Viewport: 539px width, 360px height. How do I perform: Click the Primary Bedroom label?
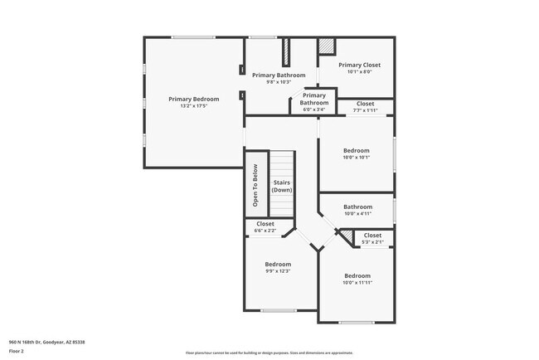click(x=193, y=99)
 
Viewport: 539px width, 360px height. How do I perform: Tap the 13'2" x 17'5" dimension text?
click(x=193, y=105)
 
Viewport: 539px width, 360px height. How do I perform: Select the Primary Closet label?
click(x=359, y=65)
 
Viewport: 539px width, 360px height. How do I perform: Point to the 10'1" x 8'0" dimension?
click(x=359, y=71)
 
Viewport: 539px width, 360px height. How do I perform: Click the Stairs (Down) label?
click(x=282, y=186)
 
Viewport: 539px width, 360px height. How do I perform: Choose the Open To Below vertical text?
click(x=256, y=187)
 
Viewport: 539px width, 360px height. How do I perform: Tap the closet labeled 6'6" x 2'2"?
click(x=265, y=224)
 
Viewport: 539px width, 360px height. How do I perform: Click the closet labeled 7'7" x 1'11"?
click(x=365, y=104)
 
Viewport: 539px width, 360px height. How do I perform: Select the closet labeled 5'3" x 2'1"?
click(x=373, y=236)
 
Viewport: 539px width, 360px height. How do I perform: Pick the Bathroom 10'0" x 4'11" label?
click(x=358, y=207)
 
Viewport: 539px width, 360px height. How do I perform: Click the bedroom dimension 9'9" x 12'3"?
click(x=278, y=270)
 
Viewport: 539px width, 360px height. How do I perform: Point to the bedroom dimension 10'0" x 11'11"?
click(x=357, y=282)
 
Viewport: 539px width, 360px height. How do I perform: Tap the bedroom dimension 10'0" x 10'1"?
click(x=357, y=157)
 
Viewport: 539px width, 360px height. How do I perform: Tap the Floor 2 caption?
click(x=17, y=351)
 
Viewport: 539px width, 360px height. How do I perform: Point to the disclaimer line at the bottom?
click(x=269, y=353)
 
